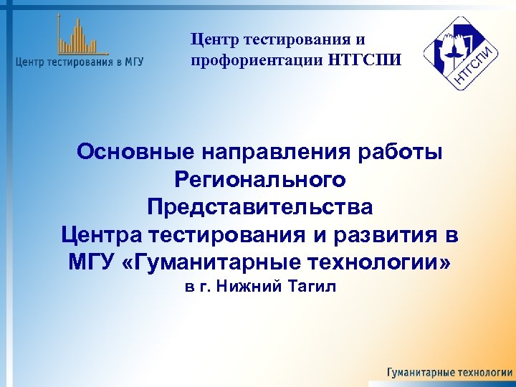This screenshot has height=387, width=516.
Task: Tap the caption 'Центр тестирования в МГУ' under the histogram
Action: (x=79, y=62)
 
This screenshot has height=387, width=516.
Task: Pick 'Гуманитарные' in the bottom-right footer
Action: (x=419, y=373)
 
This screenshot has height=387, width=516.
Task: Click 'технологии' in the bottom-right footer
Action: (x=484, y=373)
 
